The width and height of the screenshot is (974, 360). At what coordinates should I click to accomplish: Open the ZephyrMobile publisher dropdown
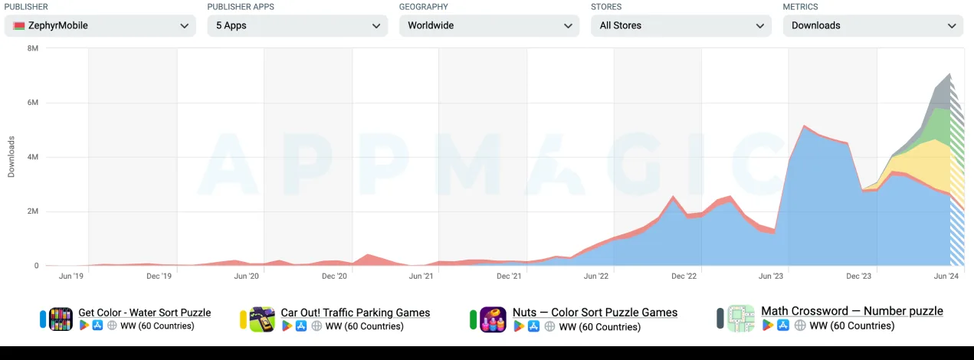[100, 25]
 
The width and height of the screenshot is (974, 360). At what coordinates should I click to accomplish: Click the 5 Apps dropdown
[297, 25]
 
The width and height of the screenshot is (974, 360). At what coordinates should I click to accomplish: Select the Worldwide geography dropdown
[489, 25]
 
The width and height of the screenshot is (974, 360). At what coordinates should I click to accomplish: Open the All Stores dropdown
[681, 25]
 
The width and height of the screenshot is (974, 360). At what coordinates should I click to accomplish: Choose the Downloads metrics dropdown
[873, 25]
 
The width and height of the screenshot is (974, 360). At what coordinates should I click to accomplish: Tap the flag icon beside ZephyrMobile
[18, 25]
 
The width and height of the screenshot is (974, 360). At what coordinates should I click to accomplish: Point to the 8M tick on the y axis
[33, 48]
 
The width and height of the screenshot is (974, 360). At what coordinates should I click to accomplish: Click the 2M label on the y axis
[33, 211]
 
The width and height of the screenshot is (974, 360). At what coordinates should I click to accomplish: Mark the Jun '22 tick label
[595, 276]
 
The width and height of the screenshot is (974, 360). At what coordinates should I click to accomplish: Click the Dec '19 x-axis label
[159, 276]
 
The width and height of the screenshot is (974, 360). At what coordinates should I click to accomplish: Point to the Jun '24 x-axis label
[946, 276]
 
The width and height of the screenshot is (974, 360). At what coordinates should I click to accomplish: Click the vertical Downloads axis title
[11, 157]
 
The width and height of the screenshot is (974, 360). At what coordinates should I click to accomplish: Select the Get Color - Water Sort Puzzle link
[144, 313]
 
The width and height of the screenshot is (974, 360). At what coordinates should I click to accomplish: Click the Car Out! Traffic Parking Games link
[356, 313]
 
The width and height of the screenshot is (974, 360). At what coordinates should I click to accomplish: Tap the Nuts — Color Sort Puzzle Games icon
[493, 319]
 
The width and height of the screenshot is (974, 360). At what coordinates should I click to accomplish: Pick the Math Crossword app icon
[741, 319]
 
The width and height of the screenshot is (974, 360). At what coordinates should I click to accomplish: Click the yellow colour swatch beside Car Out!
[243, 319]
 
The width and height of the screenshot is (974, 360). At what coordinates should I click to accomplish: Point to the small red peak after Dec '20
[368, 255]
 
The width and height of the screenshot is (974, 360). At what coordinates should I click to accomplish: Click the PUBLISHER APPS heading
[241, 7]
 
